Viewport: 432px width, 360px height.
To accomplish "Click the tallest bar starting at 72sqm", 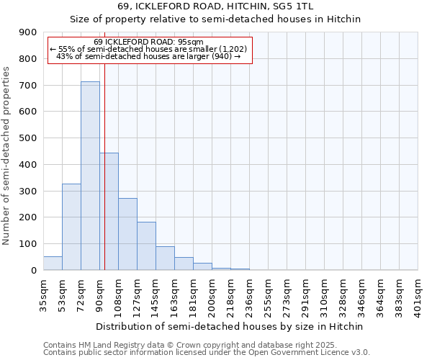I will point(90,176).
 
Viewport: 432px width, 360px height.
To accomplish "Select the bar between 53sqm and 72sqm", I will point(71,227).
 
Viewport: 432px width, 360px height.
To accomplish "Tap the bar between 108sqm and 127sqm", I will point(127,234).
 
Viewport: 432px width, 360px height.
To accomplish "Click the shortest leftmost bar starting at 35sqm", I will point(53,263).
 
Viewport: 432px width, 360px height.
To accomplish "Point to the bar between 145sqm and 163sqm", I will point(165,258).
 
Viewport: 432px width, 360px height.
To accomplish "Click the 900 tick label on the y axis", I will point(28,32).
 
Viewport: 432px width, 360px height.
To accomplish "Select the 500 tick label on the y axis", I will point(28,138).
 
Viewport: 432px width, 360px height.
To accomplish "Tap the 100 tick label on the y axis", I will point(28,244).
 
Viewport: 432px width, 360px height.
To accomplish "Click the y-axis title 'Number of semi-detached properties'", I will point(7,156).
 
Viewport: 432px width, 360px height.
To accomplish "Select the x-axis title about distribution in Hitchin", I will point(230,326).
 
